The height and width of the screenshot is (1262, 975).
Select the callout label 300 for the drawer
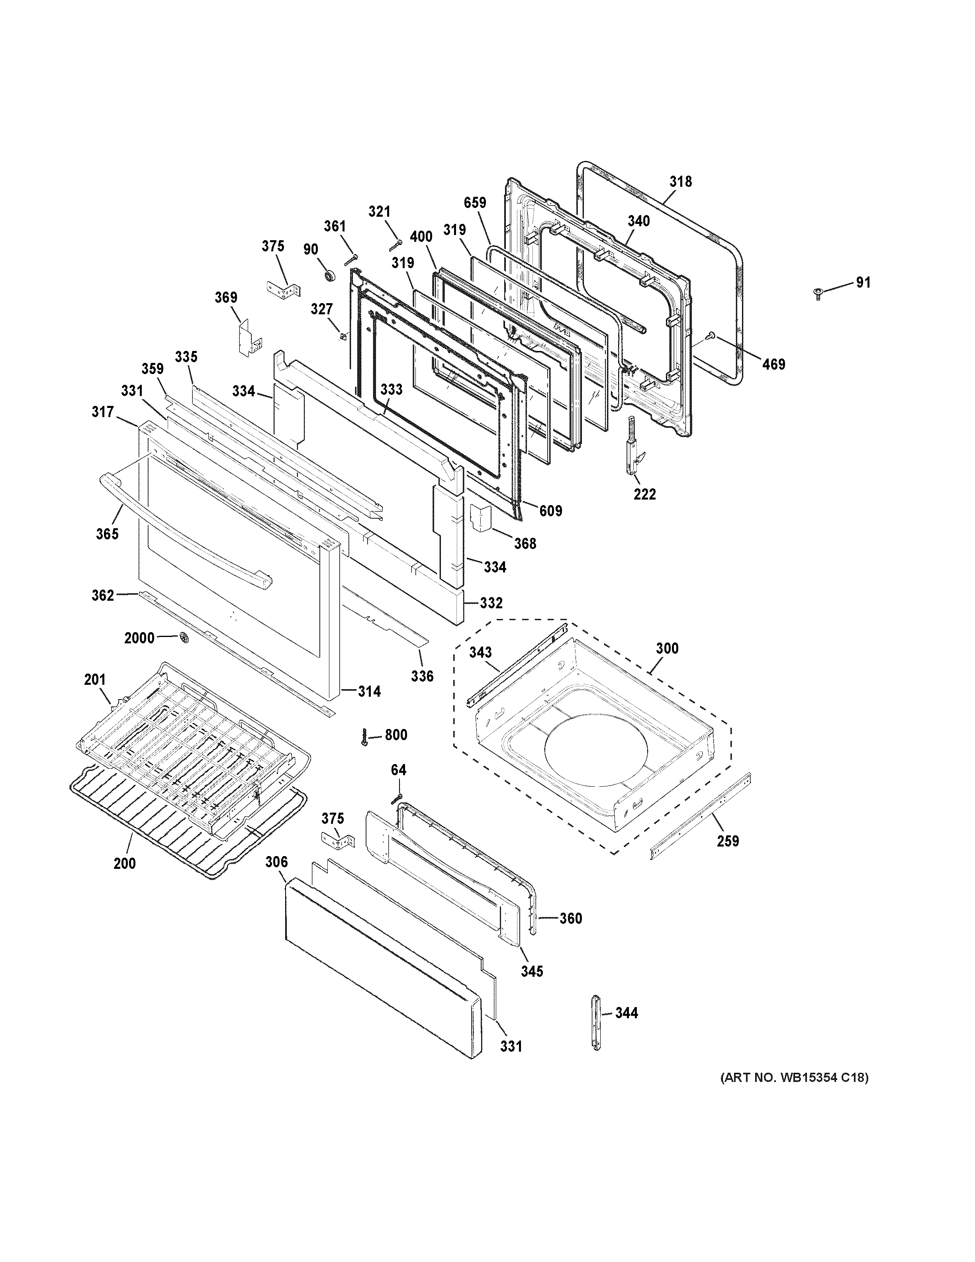pos(667,649)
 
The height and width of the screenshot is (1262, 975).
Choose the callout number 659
pos(475,203)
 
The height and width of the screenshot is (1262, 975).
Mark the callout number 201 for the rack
pos(95,680)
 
